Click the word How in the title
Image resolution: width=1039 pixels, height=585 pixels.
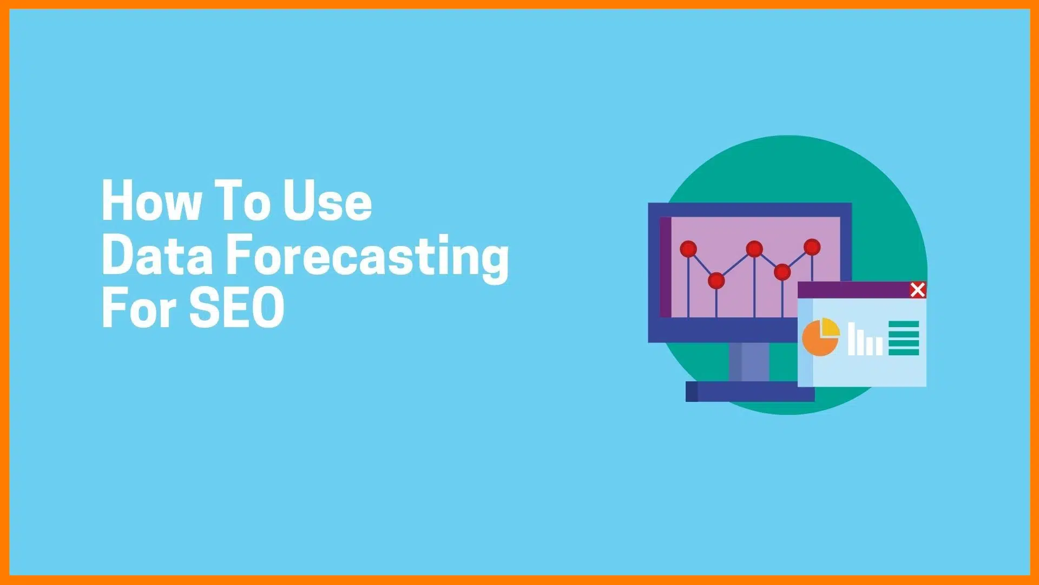(152, 200)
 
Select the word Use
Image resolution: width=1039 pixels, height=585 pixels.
(328, 200)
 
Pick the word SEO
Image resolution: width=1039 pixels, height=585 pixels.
(236, 307)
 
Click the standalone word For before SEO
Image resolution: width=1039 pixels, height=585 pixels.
(140, 307)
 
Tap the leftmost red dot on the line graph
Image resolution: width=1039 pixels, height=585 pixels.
(688, 249)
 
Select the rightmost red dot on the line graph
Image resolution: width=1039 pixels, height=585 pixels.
(812, 247)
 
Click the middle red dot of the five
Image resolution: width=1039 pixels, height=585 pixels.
(754, 249)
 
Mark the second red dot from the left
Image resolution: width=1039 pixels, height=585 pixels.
(716, 281)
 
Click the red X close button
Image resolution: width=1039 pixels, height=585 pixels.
(918, 290)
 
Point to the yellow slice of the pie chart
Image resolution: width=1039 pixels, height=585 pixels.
(830, 327)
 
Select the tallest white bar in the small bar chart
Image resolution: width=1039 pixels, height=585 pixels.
(852, 339)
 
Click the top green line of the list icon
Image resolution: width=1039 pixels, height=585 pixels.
(904, 324)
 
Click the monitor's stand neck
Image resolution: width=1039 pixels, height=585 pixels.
(749, 362)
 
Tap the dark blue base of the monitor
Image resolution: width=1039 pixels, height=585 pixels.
(750, 392)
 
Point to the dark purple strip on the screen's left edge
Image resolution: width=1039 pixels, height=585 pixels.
(665, 267)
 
